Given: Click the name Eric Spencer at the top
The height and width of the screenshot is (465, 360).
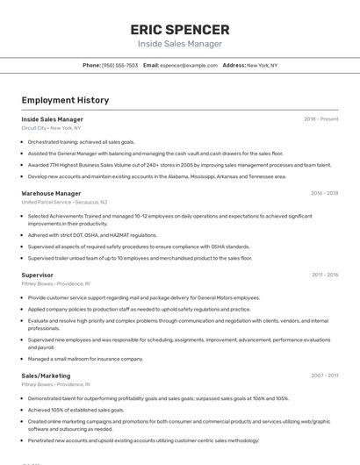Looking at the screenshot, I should coord(179,29).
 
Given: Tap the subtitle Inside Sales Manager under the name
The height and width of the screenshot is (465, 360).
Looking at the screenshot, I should coord(179,44).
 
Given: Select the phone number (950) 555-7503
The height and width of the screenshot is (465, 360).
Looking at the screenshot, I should coord(119,65).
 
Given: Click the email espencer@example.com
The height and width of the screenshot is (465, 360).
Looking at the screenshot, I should coord(189,65).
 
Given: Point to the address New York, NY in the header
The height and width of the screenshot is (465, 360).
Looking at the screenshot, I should coord(262,65).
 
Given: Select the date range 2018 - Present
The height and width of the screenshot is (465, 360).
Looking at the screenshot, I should coord(320,119).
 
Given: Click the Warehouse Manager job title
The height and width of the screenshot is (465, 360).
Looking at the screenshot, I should coord(51,193).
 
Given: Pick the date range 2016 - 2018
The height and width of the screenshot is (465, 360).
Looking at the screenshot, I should coord(324,193).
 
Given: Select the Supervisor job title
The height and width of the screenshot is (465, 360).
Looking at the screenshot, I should coord(37,275).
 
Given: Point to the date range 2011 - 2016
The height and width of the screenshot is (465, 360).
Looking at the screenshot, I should coord(324,275).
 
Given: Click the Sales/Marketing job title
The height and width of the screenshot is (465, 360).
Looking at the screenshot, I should coord(46,376).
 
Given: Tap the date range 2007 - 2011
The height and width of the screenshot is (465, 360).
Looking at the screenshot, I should coord(324,376).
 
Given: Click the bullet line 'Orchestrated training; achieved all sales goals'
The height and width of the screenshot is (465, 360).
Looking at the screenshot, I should coord(81,141).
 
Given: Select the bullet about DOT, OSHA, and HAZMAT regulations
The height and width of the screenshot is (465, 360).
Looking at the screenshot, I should coord(92,235).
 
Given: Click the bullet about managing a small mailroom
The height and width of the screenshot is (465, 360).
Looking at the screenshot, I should coord(85,358).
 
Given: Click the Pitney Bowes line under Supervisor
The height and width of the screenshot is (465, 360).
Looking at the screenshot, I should coord(55,283).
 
